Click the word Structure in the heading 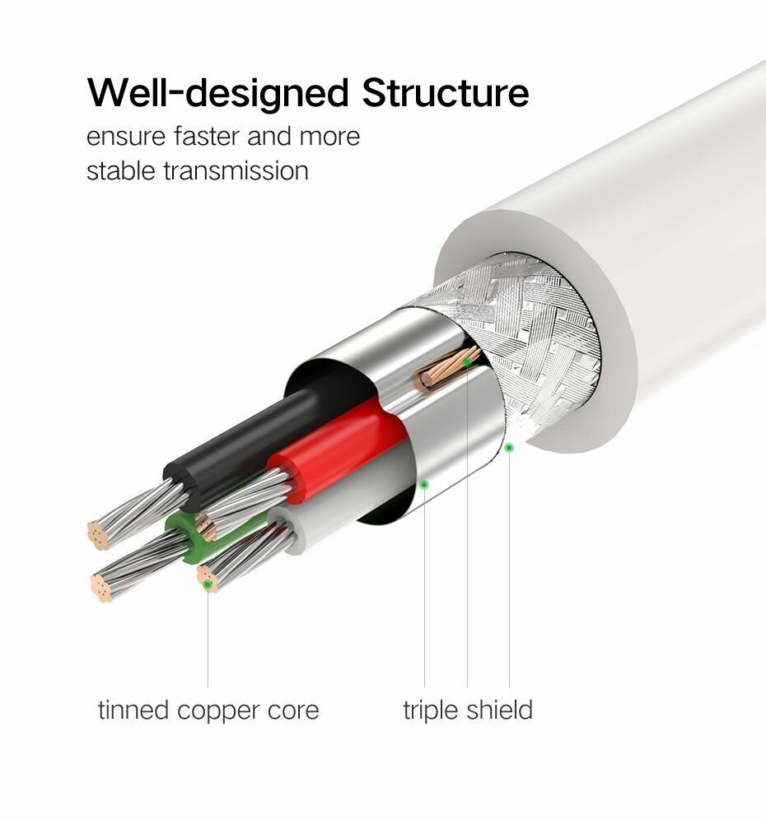pyautogui.click(x=444, y=92)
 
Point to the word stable pyautogui.click(x=121, y=170)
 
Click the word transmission pyautogui.click(x=236, y=170)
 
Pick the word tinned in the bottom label pyautogui.click(x=133, y=710)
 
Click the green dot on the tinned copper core pyautogui.click(x=208, y=585)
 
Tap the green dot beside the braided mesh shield pyautogui.click(x=509, y=447)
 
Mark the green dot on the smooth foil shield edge pyautogui.click(x=424, y=485)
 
